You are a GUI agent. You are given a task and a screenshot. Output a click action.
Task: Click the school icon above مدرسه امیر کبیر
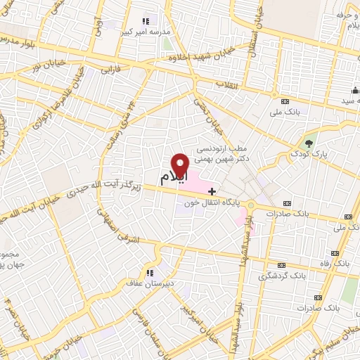[147, 21]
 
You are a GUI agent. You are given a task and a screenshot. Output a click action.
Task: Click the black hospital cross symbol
[232, 191]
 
